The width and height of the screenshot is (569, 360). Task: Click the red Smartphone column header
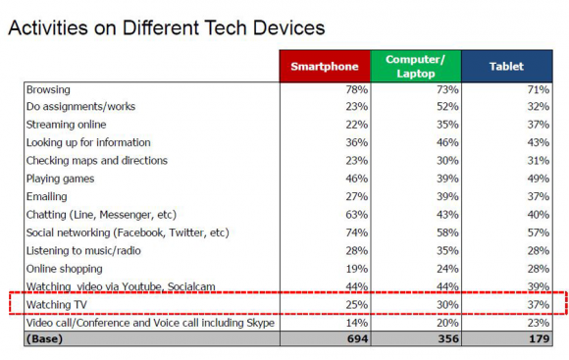(x=325, y=66)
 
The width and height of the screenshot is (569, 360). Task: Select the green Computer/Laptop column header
(x=416, y=66)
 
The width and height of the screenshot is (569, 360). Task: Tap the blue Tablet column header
(x=507, y=66)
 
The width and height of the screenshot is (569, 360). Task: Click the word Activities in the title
(x=48, y=27)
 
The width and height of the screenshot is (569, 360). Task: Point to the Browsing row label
(x=48, y=89)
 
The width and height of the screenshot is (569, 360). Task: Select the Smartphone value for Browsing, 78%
(x=356, y=89)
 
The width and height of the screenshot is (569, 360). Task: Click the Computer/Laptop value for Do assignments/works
(x=447, y=106)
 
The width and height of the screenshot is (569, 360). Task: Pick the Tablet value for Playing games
(x=539, y=179)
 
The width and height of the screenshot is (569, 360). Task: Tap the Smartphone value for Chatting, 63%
(x=356, y=215)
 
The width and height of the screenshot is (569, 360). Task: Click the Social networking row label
(x=128, y=232)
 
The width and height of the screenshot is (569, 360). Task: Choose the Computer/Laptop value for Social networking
(x=447, y=232)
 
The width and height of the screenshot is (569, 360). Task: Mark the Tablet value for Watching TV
(x=539, y=304)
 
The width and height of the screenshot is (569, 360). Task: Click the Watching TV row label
(x=57, y=304)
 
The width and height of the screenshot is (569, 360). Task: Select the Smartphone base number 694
(x=357, y=338)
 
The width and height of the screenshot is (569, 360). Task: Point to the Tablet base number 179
(x=540, y=338)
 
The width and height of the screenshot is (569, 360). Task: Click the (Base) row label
(x=44, y=338)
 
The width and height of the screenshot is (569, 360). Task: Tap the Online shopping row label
(x=64, y=269)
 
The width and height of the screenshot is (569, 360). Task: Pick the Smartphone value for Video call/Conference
(x=356, y=323)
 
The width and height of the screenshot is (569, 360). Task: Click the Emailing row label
(x=47, y=197)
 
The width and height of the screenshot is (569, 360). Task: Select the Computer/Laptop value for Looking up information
(x=447, y=142)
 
